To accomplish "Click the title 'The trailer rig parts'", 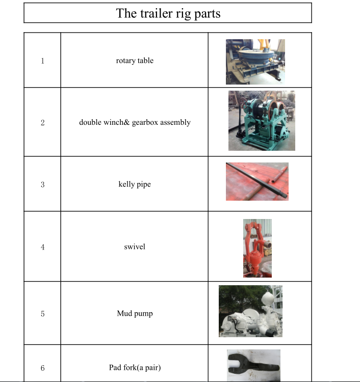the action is pyautogui.click(x=168, y=13).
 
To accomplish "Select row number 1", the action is pyautogui.click(x=43, y=61).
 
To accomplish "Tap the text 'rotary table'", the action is pyautogui.click(x=135, y=61).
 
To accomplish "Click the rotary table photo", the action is pyautogui.click(x=255, y=62).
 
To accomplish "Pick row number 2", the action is pyautogui.click(x=43, y=123).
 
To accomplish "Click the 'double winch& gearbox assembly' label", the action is pyautogui.click(x=135, y=122).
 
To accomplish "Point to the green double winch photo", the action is pyautogui.click(x=262, y=121).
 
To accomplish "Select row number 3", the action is pyautogui.click(x=43, y=184).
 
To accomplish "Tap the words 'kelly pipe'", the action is pyautogui.click(x=135, y=184).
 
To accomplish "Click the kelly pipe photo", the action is pyautogui.click(x=257, y=181).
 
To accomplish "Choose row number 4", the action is pyautogui.click(x=43, y=247).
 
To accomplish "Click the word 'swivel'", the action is pyautogui.click(x=135, y=247).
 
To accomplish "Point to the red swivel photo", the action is pyautogui.click(x=258, y=248).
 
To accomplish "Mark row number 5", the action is pyautogui.click(x=43, y=314).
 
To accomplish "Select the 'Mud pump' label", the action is pyautogui.click(x=135, y=314).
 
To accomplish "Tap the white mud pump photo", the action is pyautogui.click(x=250, y=311).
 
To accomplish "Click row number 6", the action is pyautogui.click(x=43, y=368).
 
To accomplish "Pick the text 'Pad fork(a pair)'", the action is pyautogui.click(x=135, y=368).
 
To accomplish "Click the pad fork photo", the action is pyautogui.click(x=253, y=365).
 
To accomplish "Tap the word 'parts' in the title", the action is pyautogui.click(x=208, y=14).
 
